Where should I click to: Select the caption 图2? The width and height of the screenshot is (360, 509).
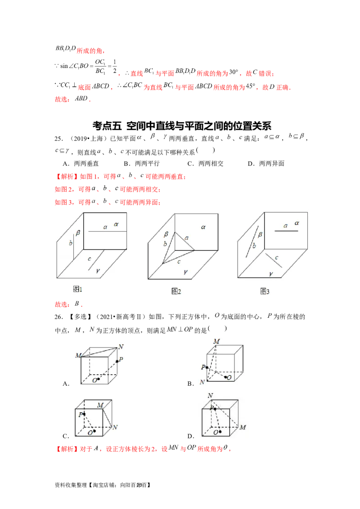pyautogui.click(x=176, y=291)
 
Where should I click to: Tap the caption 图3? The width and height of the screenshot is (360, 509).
pyautogui.click(x=265, y=291)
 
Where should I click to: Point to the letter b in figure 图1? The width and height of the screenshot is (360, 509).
pyautogui.click(x=70, y=243)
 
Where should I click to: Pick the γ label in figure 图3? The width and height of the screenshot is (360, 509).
pyautogui.click(x=270, y=273)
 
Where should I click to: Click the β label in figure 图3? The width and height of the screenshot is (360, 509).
pyautogui.click(x=260, y=234)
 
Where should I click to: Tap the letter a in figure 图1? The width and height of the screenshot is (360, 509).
pyautogui.click(x=105, y=227)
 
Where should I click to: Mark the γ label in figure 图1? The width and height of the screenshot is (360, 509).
pyautogui.click(x=97, y=270)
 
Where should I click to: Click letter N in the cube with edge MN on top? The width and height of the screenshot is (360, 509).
pyautogui.click(x=120, y=346)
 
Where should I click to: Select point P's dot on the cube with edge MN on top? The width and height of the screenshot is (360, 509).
pyautogui.click(x=117, y=361)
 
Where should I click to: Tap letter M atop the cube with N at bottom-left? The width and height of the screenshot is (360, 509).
pyautogui.click(x=216, y=341)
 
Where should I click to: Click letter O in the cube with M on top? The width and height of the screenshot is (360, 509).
pyautogui.click(x=229, y=377)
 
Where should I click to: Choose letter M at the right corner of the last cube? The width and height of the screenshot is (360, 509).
pyautogui.click(x=243, y=427)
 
